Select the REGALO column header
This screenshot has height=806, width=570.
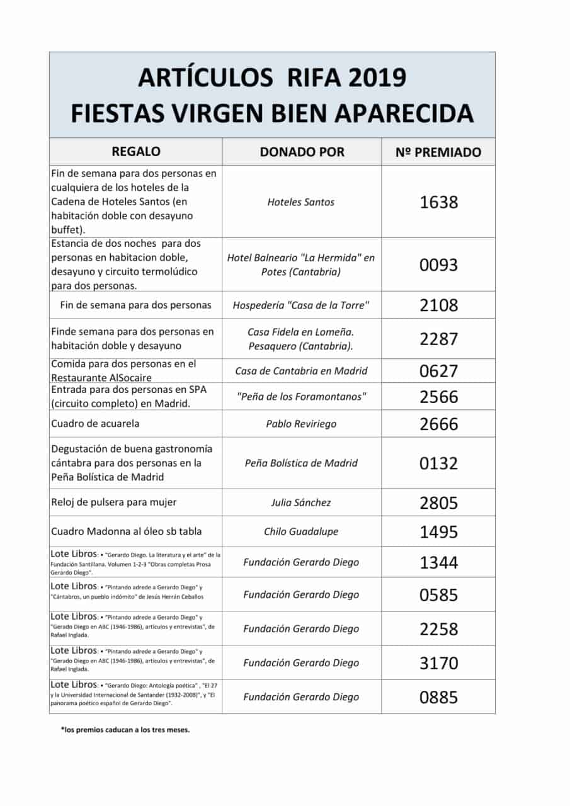tap(135, 152)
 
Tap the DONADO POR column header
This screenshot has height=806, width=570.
tap(302, 152)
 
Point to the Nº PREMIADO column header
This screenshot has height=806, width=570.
tap(439, 152)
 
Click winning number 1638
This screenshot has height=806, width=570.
tap(438, 202)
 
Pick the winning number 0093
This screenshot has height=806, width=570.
tap(438, 264)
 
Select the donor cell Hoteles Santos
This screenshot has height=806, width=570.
tap(301, 202)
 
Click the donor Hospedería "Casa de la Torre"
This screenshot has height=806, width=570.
tap(301, 305)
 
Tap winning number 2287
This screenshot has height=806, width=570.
tap(438, 339)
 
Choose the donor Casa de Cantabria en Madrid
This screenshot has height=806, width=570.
tap(301, 371)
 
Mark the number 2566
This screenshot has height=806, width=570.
tap(438, 397)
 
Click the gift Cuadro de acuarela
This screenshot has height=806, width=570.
tap(95, 424)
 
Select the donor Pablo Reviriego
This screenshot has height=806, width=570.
tap(301, 424)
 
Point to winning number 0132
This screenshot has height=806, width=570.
tap(438, 463)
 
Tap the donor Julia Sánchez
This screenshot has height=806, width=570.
tap(301, 502)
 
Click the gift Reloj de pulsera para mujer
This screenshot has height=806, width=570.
tap(113, 502)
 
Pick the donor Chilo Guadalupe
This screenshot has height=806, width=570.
tap(301, 531)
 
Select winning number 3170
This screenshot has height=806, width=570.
tap(438, 663)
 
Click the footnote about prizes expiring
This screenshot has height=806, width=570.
tap(125, 730)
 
